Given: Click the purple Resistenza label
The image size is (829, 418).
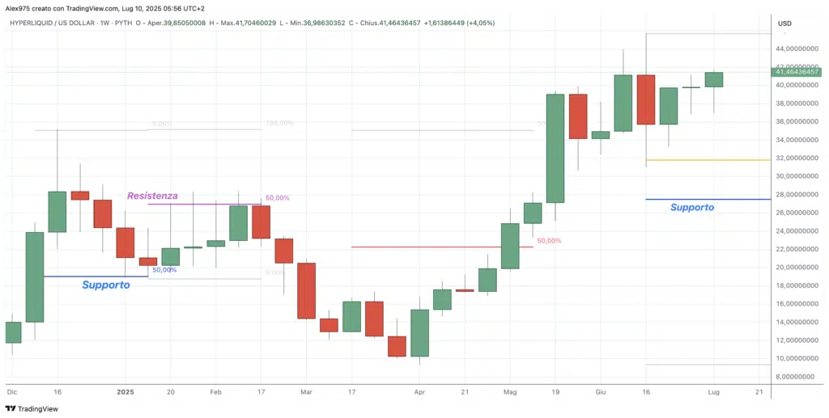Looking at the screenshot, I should (152, 196).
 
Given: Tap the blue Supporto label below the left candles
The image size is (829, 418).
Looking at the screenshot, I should (106, 285).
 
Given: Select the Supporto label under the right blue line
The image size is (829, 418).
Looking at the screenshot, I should (692, 208).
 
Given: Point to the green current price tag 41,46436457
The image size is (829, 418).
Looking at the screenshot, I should (797, 73).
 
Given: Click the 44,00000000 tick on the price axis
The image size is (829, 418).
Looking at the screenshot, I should (797, 49).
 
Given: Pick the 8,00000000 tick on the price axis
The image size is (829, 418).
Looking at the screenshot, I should (797, 377).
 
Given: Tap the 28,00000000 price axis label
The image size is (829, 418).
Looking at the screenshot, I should (797, 195).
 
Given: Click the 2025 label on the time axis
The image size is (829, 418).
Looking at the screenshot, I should (125, 391).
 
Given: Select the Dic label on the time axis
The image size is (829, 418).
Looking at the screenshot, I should (11, 391).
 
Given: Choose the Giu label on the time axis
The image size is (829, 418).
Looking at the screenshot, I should (600, 391).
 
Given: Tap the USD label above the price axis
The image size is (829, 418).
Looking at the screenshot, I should (784, 23).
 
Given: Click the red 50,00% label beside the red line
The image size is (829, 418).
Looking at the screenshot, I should (549, 241).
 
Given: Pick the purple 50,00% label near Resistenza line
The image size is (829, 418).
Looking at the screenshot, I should (276, 198).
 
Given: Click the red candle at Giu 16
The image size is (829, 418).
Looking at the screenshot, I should (646, 99).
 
